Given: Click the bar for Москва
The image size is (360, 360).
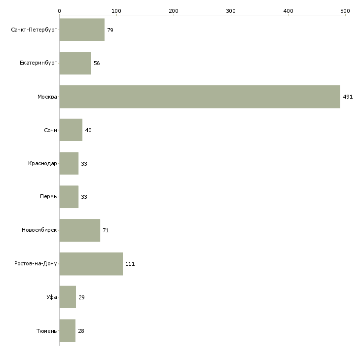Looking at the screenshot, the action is pyautogui.click(x=200, y=97).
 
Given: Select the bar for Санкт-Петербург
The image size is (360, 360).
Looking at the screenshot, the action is pyautogui.click(x=82, y=30).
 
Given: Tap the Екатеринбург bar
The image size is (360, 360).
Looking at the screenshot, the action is pyautogui.click(x=75, y=63).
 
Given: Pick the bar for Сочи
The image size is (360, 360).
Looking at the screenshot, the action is pyautogui.click(x=71, y=130).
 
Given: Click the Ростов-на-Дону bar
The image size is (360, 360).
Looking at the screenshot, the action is pyautogui.click(x=91, y=264).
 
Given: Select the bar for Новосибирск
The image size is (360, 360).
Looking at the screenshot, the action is pyautogui.click(x=80, y=230).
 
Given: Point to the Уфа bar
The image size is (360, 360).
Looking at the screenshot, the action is pyautogui.click(x=68, y=297).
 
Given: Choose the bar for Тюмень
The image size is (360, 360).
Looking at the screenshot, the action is pyautogui.click(x=68, y=330).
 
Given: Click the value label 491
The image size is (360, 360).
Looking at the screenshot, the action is pyautogui.click(x=348, y=97).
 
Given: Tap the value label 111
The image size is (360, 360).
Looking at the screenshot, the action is pyautogui.click(x=130, y=264).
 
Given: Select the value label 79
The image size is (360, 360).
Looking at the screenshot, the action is pyautogui.click(x=110, y=30).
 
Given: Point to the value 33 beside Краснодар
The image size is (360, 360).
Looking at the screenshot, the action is pyautogui.click(x=84, y=164).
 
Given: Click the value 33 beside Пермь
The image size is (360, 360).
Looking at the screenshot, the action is pyautogui.click(x=84, y=197).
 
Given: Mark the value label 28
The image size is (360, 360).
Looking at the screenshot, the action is pyautogui.click(x=81, y=331).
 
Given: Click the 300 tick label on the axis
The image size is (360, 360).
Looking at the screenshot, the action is pyautogui.click(x=231, y=11).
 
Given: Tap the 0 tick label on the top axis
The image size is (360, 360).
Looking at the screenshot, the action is pyautogui.click(x=60, y=11).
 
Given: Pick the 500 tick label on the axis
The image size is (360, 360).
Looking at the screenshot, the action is pyautogui.click(x=345, y=11).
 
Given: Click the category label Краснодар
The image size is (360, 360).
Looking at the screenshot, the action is pyautogui.click(x=42, y=163).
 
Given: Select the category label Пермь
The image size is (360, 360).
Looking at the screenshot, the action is pyautogui.click(x=48, y=197).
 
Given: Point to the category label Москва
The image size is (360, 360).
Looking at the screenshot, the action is pyautogui.click(x=47, y=97).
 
